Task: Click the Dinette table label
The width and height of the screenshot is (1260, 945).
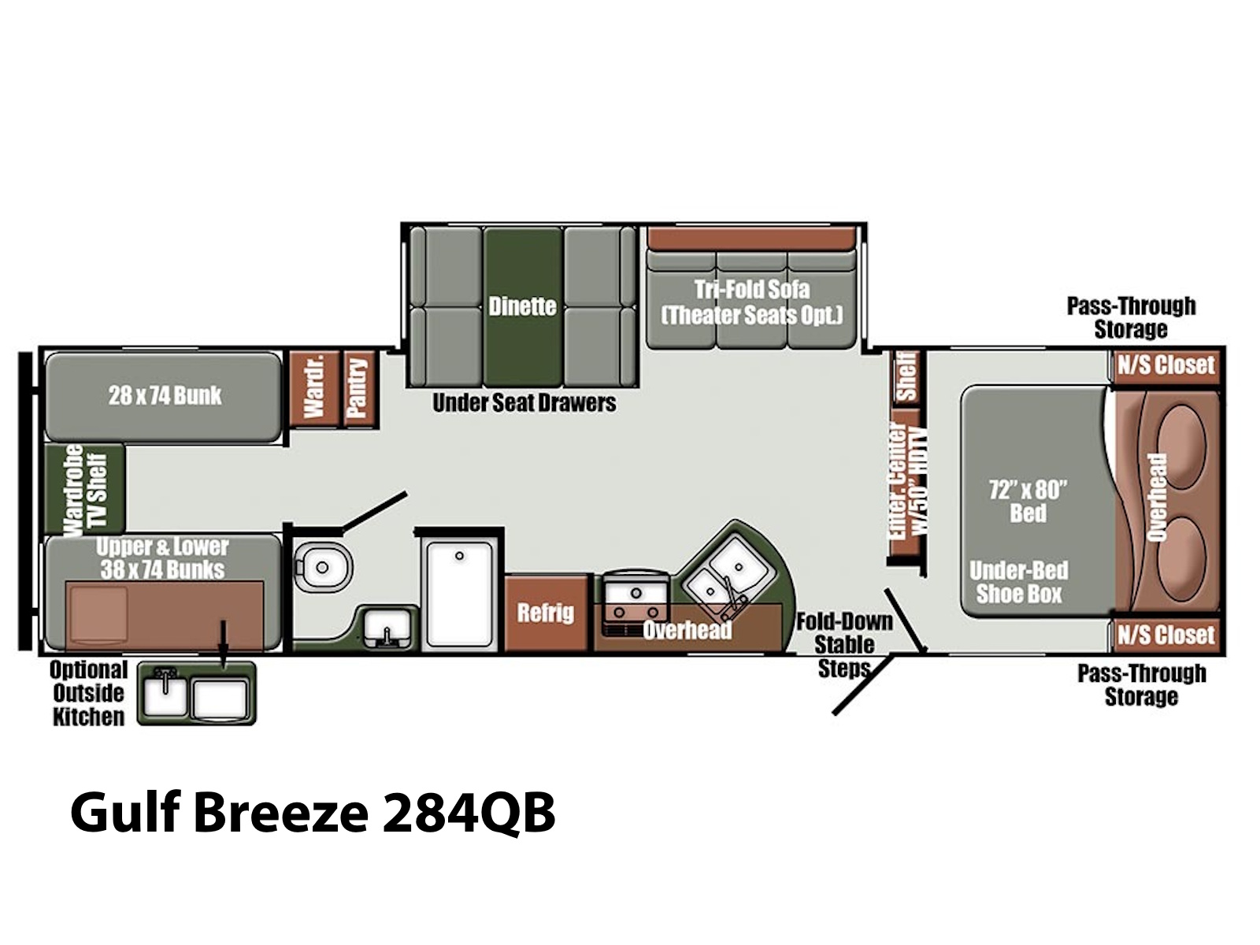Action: click(522, 306)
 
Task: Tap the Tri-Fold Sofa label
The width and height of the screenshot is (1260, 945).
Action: click(752, 289)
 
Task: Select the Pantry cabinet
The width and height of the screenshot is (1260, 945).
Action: click(359, 389)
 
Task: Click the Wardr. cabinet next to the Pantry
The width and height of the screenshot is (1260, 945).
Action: click(314, 389)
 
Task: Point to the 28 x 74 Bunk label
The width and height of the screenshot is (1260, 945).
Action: click(165, 395)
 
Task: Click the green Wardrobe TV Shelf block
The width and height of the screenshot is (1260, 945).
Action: click(85, 488)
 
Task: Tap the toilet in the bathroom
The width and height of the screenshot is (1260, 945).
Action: click(321, 567)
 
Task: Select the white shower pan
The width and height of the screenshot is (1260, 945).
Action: click(460, 595)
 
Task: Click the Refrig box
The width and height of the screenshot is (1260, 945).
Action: click(546, 613)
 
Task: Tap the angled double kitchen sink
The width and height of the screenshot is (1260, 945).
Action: click(726, 574)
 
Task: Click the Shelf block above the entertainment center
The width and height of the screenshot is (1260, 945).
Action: click(907, 377)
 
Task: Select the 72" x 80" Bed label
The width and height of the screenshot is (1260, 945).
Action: click(1028, 502)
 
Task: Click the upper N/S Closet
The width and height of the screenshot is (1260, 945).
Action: click(1165, 365)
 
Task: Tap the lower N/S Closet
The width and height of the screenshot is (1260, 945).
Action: click(1165, 636)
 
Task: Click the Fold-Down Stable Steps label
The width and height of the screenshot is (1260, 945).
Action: click(844, 646)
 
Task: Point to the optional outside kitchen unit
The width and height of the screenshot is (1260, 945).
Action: click(196, 693)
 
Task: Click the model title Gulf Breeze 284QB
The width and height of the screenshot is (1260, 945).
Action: click(313, 813)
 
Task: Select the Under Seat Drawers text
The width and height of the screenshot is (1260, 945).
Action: click(524, 402)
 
